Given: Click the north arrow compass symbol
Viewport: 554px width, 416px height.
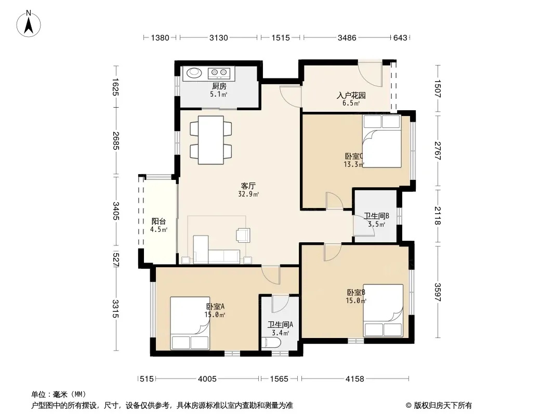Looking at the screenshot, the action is point(29,24).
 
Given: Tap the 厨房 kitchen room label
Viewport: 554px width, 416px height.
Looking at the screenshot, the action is point(219,86).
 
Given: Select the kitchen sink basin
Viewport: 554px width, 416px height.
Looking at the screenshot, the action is point(194,73).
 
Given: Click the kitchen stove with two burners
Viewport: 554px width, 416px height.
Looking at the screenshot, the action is point(219,73).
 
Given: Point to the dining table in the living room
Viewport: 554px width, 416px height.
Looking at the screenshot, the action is point(211,140).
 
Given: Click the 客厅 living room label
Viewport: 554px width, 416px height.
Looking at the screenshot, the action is point(248,186).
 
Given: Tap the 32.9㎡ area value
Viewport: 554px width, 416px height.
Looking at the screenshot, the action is point(248,194).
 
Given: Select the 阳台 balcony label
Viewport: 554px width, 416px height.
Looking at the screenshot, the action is point(159,222).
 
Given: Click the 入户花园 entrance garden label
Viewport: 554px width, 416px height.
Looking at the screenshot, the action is point(351,96).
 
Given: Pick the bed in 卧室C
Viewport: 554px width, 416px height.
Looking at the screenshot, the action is point(382,141).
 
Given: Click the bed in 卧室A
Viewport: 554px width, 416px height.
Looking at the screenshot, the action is point(190,323).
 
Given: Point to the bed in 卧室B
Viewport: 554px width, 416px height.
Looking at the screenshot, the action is point(384,310).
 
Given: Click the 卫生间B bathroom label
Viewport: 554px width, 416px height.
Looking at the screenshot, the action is point(377,216).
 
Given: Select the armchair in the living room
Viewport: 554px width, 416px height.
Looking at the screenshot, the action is point(243,235).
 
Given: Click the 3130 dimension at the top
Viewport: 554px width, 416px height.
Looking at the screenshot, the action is point(219,37).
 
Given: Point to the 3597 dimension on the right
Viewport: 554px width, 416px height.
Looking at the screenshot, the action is point(438,292).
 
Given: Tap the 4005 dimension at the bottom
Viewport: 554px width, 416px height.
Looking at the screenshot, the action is point(207,379).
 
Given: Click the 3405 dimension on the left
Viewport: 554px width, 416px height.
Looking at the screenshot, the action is point(116,211).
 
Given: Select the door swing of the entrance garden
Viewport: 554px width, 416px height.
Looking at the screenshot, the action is point(370,75).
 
